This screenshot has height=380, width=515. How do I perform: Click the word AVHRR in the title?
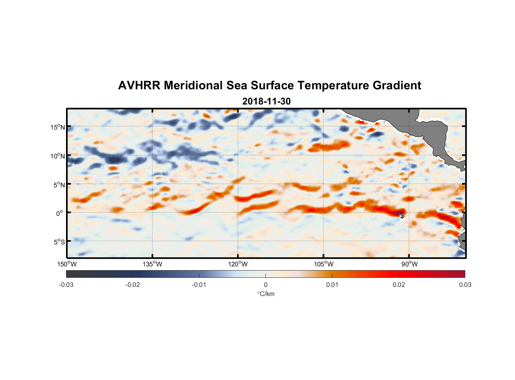(x=139, y=85)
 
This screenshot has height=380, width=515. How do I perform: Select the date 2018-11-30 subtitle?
(x=266, y=101)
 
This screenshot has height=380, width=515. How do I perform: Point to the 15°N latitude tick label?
(x=58, y=127)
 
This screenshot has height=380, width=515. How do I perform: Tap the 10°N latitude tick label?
(x=58, y=156)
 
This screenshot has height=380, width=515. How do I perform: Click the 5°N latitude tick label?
(x=59, y=185)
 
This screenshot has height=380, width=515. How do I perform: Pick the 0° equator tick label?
(x=60, y=213)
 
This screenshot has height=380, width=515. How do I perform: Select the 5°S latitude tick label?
(x=59, y=242)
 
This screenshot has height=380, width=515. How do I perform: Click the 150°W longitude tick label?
(x=67, y=264)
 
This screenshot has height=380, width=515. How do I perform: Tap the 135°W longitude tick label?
(x=153, y=264)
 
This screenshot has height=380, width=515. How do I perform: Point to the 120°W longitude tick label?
(x=238, y=264)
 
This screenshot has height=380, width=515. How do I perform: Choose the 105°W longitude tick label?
(x=324, y=264)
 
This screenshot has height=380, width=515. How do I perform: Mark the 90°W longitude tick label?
(x=409, y=264)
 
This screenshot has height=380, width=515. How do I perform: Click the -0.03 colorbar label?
(x=66, y=285)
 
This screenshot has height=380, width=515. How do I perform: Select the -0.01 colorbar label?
(x=199, y=285)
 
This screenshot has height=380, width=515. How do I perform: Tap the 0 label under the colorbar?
(x=265, y=285)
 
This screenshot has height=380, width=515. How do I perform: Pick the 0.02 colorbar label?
(x=399, y=285)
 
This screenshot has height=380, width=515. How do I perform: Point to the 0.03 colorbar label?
(x=465, y=285)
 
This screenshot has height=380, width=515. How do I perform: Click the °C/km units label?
(x=266, y=294)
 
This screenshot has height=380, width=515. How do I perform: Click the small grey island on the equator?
(x=402, y=215)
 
